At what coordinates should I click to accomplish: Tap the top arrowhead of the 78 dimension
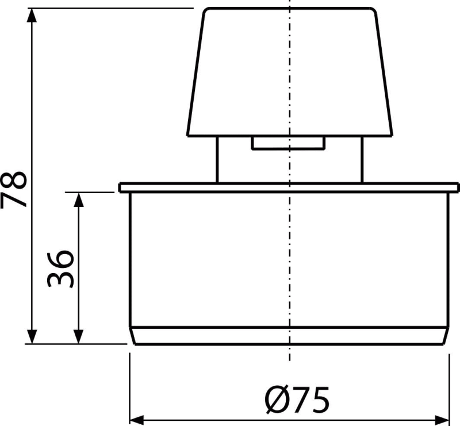(x=33, y=17)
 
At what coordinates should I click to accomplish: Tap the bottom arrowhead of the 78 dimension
(x=33, y=335)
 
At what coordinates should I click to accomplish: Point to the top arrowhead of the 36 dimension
(x=79, y=200)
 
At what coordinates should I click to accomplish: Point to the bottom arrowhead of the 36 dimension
(x=79, y=335)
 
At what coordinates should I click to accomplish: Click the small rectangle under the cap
(x=287, y=144)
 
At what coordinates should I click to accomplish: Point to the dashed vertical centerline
(x=288, y=241)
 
